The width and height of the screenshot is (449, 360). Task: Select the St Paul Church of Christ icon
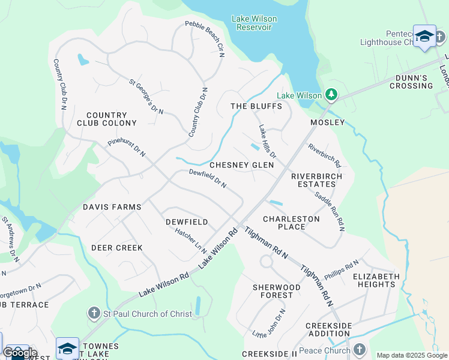point(94,313)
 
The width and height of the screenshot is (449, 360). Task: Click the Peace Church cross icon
point(359,349)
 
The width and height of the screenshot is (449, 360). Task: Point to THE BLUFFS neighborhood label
point(256,106)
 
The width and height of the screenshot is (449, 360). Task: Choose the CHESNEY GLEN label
point(241,165)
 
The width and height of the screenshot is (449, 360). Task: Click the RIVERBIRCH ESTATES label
point(316,181)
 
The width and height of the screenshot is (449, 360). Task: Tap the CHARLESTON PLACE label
point(292,223)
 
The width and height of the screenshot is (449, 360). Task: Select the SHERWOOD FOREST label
point(276,292)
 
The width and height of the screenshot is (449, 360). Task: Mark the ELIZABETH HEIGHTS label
point(376,280)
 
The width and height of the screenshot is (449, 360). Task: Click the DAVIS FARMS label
point(112,207)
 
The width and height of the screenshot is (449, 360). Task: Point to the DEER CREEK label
point(117,248)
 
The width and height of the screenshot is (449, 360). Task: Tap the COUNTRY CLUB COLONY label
point(107,119)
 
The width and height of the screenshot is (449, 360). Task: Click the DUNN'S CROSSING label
point(414,82)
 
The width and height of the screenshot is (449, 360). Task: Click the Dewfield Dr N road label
point(208,178)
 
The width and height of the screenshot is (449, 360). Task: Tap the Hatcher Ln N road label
point(191,240)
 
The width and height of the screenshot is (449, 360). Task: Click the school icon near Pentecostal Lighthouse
point(424,36)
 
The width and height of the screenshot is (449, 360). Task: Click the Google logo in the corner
point(20,353)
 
